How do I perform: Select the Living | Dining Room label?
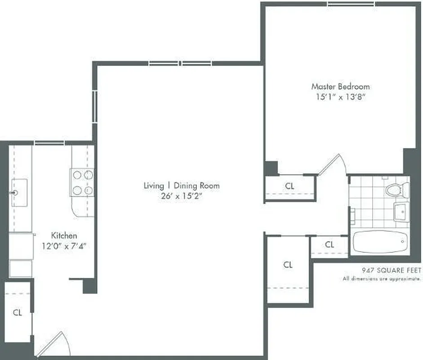[182, 185]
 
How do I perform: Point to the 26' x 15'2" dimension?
[182, 196]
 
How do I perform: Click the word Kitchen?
[64, 235]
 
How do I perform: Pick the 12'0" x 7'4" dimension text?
[64, 246]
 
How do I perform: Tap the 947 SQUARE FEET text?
[392, 270]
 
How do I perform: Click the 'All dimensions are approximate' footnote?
[382, 279]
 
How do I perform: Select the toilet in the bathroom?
[396, 189]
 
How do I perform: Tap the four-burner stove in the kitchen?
[82, 182]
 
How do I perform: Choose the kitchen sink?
[18, 193]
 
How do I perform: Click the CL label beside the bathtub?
[329, 245]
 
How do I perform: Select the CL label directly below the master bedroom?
[290, 185]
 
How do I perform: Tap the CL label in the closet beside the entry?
[17, 312]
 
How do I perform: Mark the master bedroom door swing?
[334, 165]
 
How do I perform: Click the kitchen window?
[49, 143]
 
